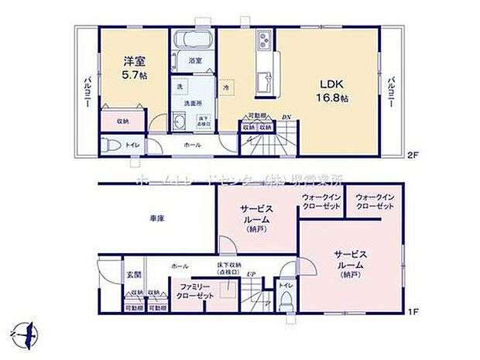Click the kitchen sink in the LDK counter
(x=262, y=77)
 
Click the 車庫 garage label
(x=156, y=219)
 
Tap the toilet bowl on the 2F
(x=110, y=144)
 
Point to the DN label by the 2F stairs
(x=286, y=116)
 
